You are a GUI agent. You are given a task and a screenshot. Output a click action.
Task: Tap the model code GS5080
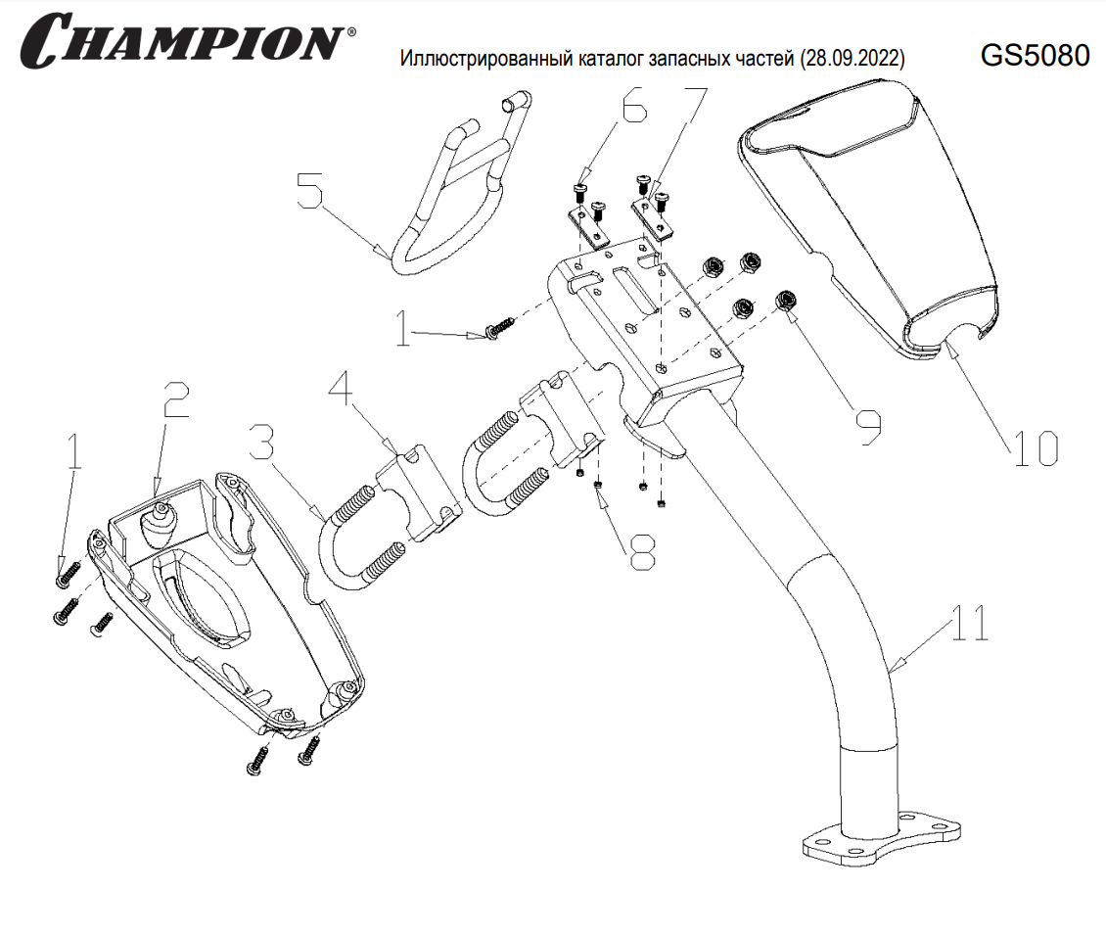[1035, 57]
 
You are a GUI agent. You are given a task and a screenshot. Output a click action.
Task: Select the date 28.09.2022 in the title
[852, 60]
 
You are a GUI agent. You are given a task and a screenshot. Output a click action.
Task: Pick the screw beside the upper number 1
[499, 329]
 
